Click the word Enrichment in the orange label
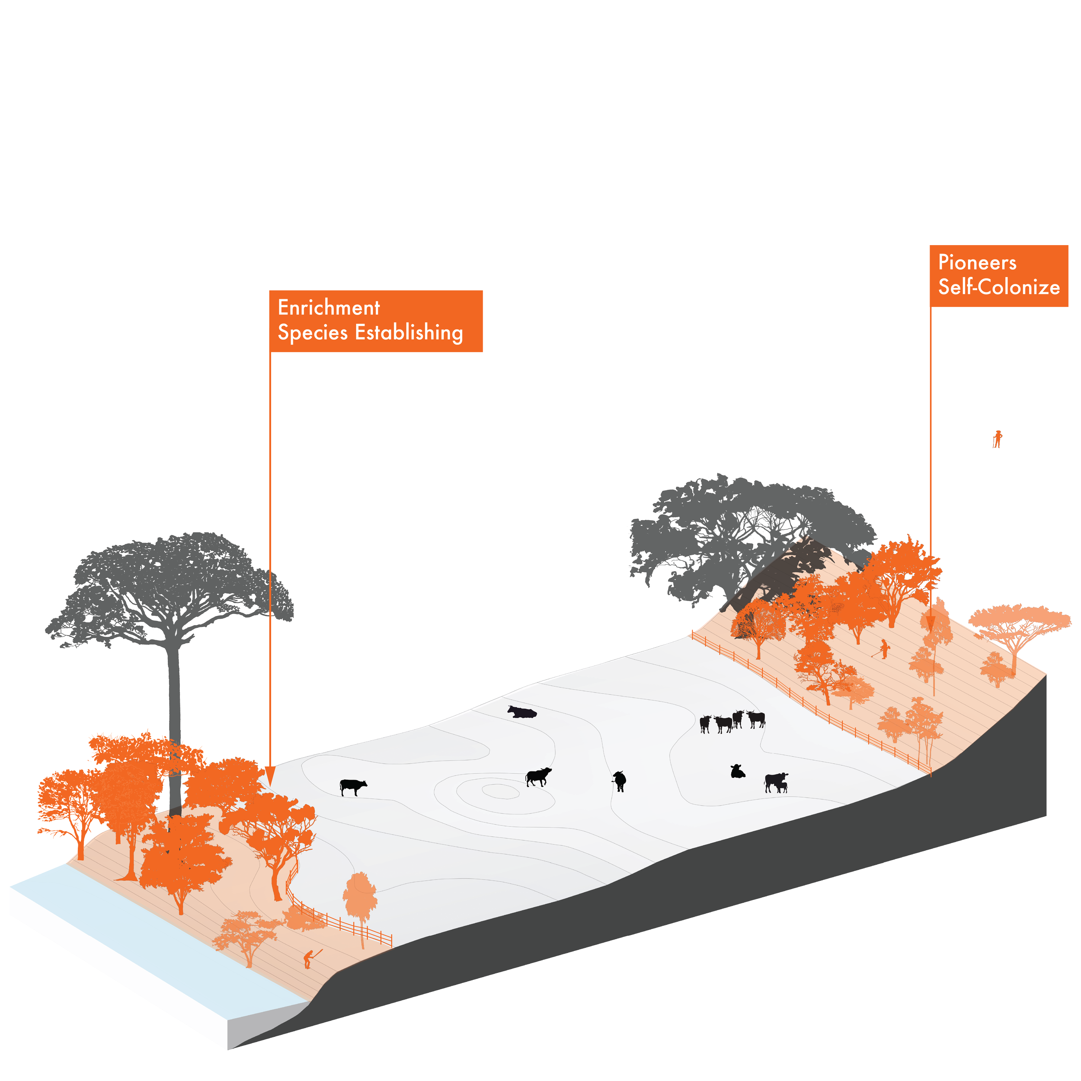click(x=329, y=308)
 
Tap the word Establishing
click(x=409, y=333)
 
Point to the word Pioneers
click(x=977, y=262)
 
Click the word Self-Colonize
click(x=999, y=287)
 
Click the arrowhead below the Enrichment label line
click(x=270, y=777)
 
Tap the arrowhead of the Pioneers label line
click(x=931, y=623)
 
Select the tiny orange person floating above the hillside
click(x=997, y=439)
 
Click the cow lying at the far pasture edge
click(x=521, y=712)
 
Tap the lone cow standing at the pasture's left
click(x=352, y=787)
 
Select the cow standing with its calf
click(x=776, y=782)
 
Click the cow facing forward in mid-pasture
click(x=619, y=780)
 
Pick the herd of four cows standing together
click(x=732, y=721)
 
